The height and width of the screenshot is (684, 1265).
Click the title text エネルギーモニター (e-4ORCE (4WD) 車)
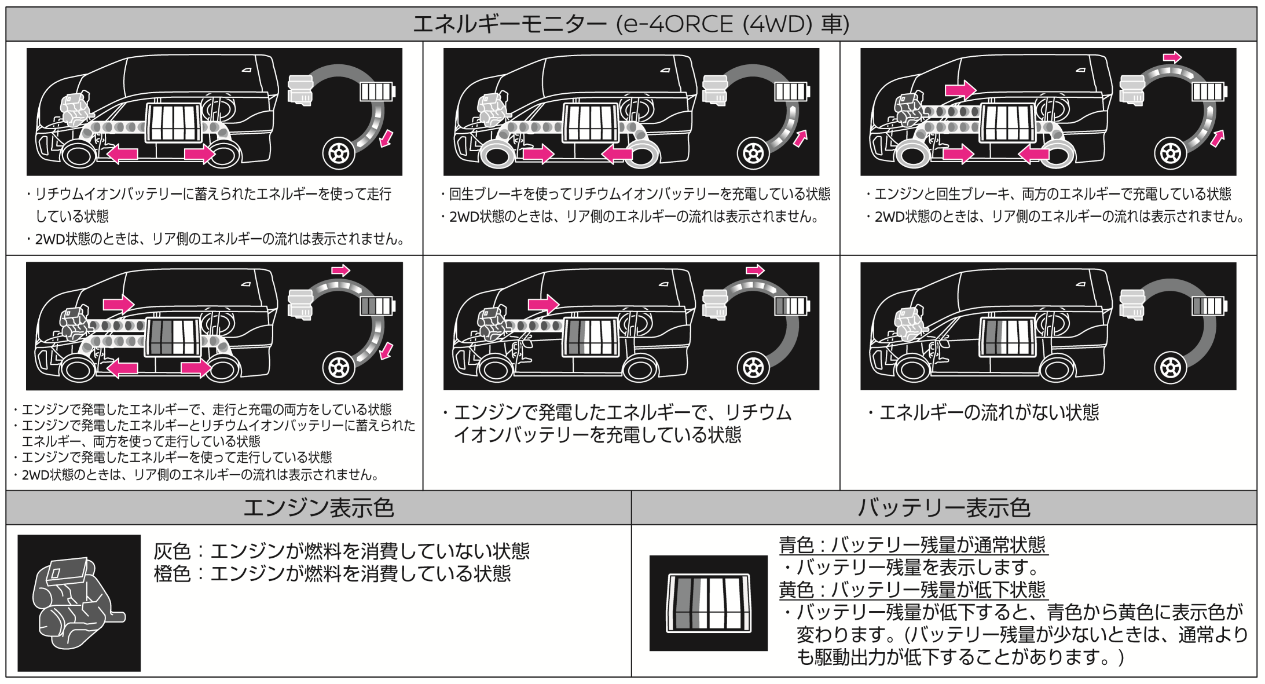click(631, 24)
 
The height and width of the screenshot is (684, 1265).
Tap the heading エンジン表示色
click(318, 508)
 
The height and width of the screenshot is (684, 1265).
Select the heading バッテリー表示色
click(944, 508)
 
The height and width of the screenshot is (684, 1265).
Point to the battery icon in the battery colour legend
click(709, 603)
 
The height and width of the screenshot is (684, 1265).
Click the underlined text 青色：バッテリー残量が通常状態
click(913, 544)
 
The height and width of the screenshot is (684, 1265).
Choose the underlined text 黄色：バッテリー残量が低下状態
click(913, 590)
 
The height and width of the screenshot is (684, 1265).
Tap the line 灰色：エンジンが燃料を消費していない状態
click(342, 551)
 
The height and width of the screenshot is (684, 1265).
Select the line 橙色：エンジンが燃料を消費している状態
click(332, 573)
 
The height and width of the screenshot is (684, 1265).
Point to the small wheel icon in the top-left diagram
click(339, 153)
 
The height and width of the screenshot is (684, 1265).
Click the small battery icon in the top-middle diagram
click(791, 92)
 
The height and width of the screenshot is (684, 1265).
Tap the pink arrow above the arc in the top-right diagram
click(1172, 57)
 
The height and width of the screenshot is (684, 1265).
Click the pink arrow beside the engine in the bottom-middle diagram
click(544, 304)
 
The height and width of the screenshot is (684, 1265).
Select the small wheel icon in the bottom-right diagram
click(1171, 368)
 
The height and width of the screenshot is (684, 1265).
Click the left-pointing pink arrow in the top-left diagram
click(122, 154)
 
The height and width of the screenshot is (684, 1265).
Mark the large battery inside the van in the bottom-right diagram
click(1008, 336)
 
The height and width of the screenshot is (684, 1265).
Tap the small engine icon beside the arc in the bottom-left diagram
click(300, 304)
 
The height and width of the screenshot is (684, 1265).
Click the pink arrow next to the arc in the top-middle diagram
click(800, 138)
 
